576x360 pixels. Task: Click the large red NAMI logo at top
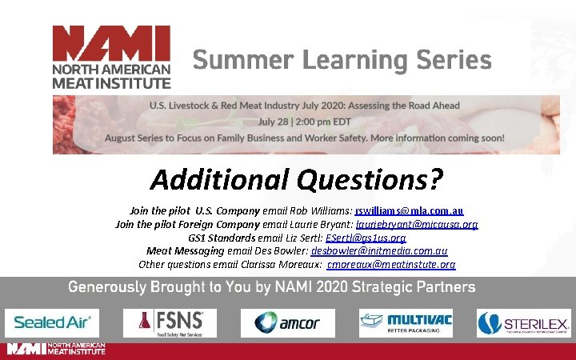point(111,56)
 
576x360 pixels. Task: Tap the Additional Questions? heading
point(296,179)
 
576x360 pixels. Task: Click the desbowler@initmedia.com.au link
point(378,250)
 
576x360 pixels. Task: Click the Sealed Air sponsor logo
point(52,322)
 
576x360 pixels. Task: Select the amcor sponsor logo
point(286,322)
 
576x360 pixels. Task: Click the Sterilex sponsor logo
point(523,322)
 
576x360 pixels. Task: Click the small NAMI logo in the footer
point(56,349)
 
